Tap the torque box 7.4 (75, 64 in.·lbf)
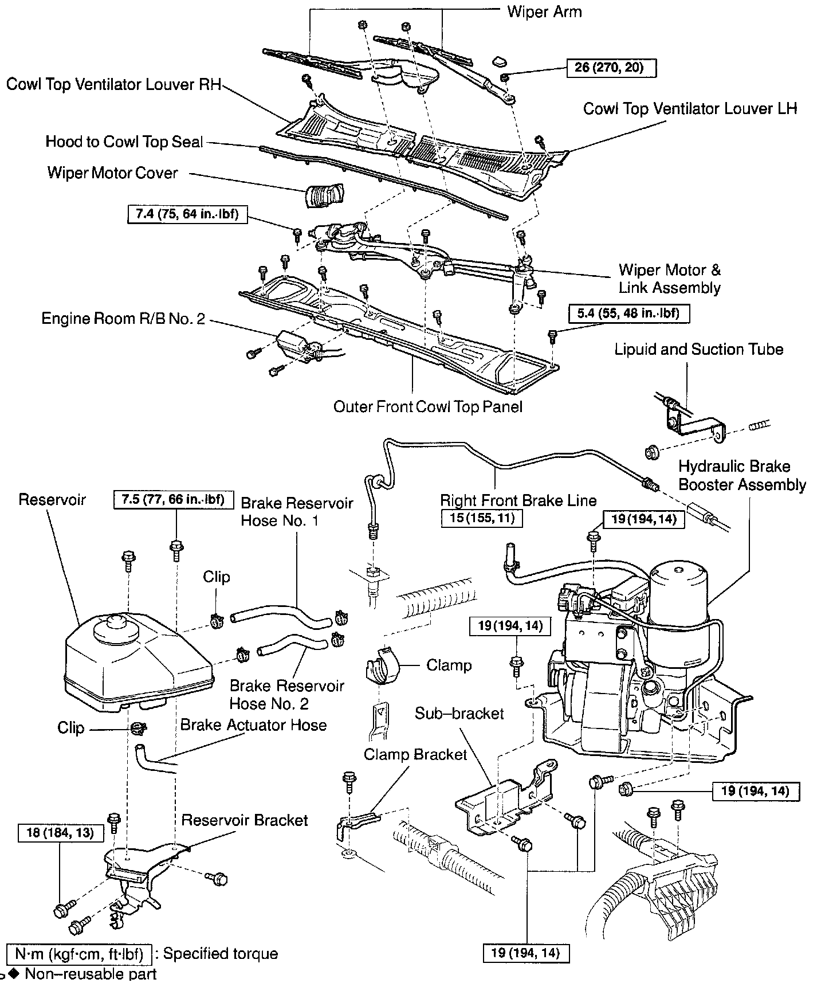pos(183,214)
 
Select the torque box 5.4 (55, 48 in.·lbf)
pos(628,314)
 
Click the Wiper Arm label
pos(544,11)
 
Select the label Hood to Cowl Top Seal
pos(124,142)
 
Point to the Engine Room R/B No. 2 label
pos(123,318)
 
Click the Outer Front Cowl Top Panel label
pos(428,407)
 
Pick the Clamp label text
pos(449,665)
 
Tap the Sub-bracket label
pos(459,714)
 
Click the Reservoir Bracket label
pos(245,820)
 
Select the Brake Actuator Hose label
pos(253,725)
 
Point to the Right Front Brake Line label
pos(518,500)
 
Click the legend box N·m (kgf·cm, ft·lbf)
pos(78,954)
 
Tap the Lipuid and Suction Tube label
pos(698,349)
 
